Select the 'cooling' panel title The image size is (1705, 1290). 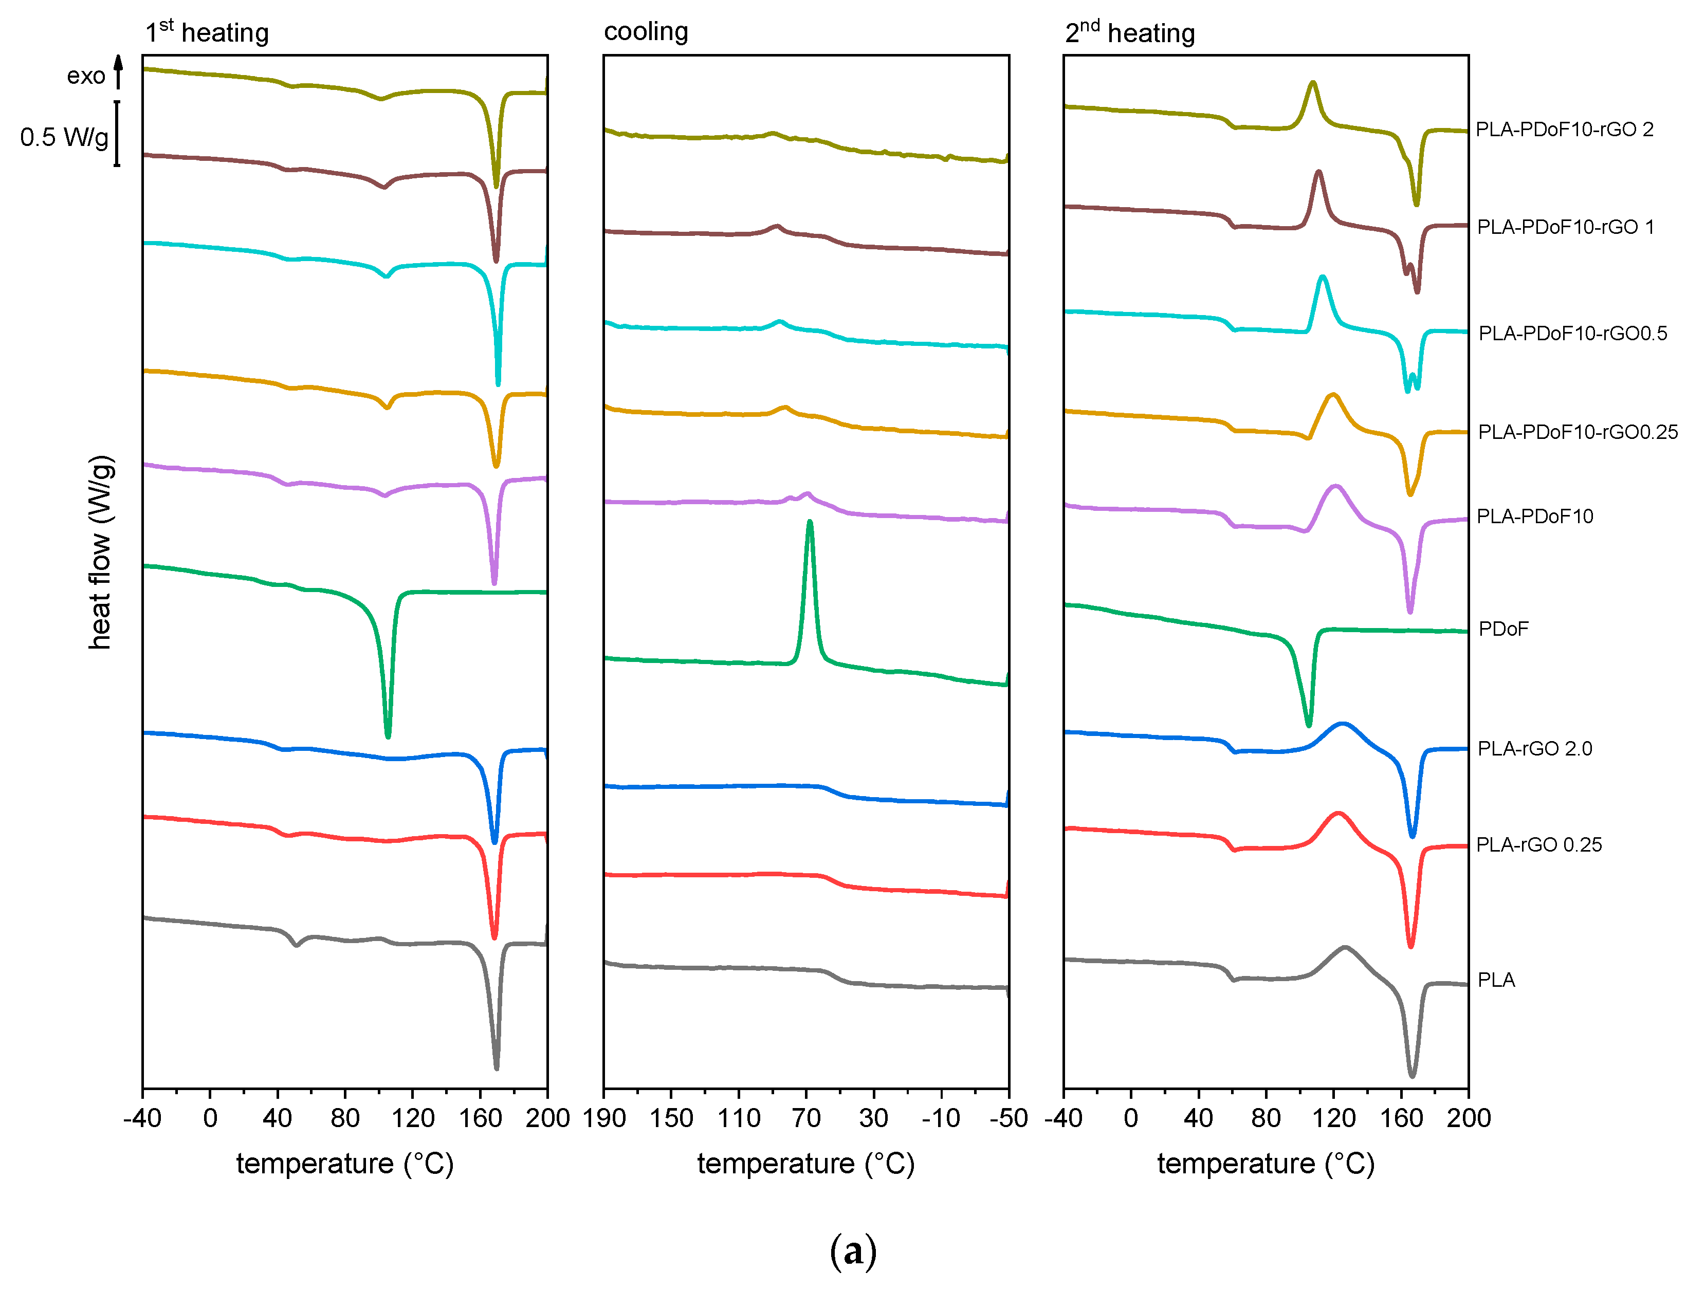pyautogui.click(x=646, y=31)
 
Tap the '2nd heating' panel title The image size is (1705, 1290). pyautogui.click(x=1129, y=33)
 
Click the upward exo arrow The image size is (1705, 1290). pyautogui.click(x=118, y=71)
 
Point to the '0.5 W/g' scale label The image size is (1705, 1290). pyautogui.click(x=65, y=137)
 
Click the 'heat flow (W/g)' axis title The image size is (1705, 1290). pyautogui.click(x=100, y=552)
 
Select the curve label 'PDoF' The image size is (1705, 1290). pyautogui.click(x=1502, y=629)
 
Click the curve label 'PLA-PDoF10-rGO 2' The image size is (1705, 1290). pyautogui.click(x=1564, y=130)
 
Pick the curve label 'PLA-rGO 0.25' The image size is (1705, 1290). pyautogui.click(x=1538, y=844)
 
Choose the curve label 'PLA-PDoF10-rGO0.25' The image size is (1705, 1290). pyautogui.click(x=1577, y=432)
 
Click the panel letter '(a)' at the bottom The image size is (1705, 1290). pyautogui.click(x=852, y=1251)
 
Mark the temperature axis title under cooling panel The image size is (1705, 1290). pyautogui.click(x=805, y=1164)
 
